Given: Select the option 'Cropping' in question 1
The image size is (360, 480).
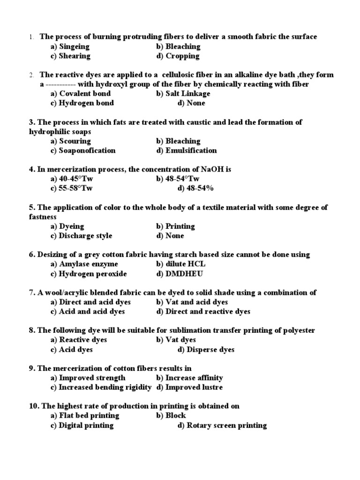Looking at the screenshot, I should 182,56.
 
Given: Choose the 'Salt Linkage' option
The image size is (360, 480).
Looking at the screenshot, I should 187,94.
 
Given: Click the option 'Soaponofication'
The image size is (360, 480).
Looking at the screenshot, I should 87,150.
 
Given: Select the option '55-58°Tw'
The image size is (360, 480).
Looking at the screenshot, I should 75,188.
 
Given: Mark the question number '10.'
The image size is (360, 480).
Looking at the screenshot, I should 34,406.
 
